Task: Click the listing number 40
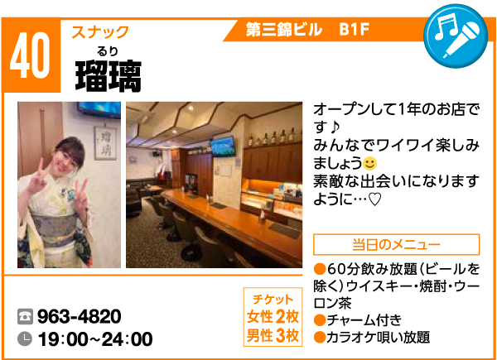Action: [x=30, y=55]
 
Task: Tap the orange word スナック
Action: [x=100, y=32]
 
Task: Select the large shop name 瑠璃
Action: [x=109, y=76]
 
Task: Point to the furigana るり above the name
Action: [x=108, y=51]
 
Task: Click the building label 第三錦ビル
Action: [x=283, y=30]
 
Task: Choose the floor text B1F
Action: [x=355, y=30]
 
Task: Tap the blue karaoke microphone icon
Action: [x=456, y=36]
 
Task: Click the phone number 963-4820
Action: [x=80, y=316]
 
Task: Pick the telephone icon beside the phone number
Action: [x=25, y=316]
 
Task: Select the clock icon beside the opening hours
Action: [x=25, y=338]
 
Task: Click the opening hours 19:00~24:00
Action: [x=95, y=339]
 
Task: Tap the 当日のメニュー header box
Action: [x=396, y=244]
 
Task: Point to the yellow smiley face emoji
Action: [x=369, y=164]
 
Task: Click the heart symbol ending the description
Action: [x=374, y=199]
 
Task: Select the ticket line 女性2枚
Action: [x=273, y=317]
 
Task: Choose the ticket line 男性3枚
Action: [x=273, y=336]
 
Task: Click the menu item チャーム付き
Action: [x=358, y=320]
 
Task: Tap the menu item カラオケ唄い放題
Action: [x=371, y=337]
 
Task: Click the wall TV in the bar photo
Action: [x=223, y=146]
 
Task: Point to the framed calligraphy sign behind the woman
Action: [x=105, y=143]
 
